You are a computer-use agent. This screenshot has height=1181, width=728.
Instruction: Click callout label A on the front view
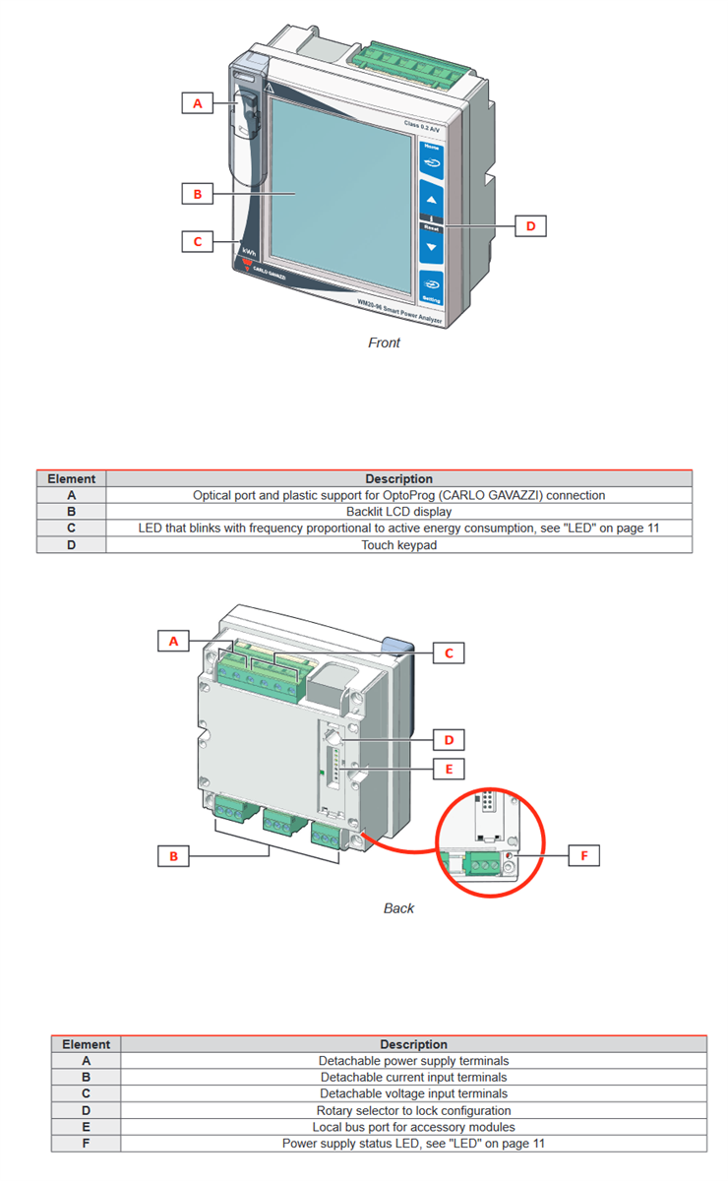click(197, 102)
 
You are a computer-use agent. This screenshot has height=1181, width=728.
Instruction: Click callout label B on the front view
click(197, 194)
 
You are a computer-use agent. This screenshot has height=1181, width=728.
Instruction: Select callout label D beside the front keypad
click(530, 225)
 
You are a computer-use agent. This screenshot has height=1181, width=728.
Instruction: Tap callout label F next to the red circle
click(583, 855)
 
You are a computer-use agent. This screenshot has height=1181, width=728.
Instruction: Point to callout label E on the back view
click(449, 767)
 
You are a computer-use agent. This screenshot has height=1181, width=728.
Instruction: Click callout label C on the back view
click(449, 653)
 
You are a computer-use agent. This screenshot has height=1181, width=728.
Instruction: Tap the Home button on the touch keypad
click(431, 158)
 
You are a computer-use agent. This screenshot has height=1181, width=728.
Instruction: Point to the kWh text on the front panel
click(249, 252)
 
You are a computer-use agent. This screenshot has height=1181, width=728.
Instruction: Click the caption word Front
click(384, 342)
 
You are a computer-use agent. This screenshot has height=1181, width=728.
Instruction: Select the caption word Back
click(398, 907)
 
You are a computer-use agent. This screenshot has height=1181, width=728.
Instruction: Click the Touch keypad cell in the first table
click(398, 545)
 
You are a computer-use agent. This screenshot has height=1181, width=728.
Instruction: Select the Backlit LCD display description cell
click(398, 512)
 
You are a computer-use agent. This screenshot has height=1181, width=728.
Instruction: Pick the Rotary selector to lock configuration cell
click(413, 1110)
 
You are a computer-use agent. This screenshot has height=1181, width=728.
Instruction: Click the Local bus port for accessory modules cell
click(413, 1127)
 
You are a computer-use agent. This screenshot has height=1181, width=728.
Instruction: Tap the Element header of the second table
click(86, 1044)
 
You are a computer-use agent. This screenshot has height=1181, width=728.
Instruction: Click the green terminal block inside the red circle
click(480, 862)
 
